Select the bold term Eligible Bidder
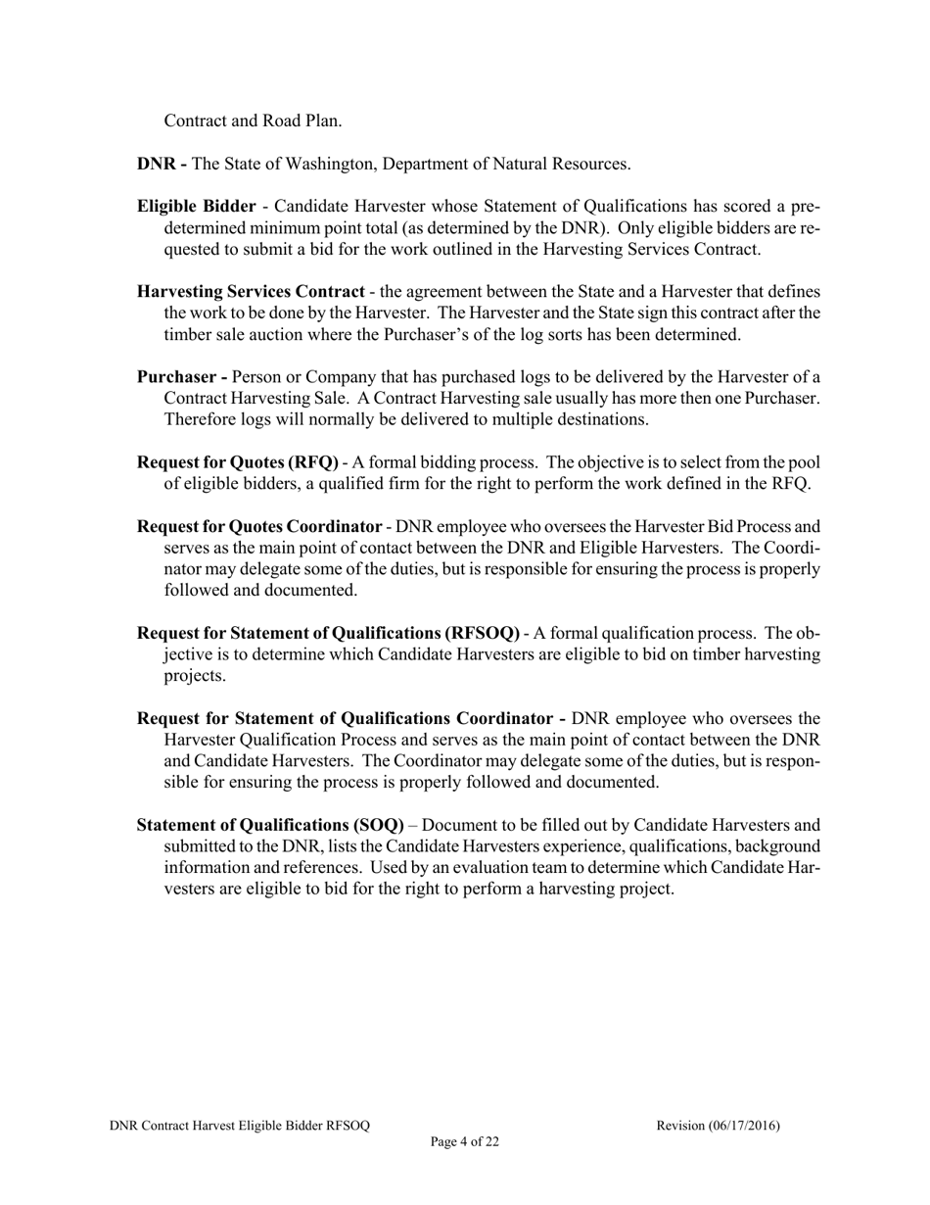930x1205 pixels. (x=196, y=206)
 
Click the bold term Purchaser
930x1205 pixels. (x=176, y=376)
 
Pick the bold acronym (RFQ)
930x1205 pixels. (x=310, y=461)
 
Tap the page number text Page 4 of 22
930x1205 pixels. (x=465, y=1141)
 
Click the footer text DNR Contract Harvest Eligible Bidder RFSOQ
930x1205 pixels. (x=240, y=1126)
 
